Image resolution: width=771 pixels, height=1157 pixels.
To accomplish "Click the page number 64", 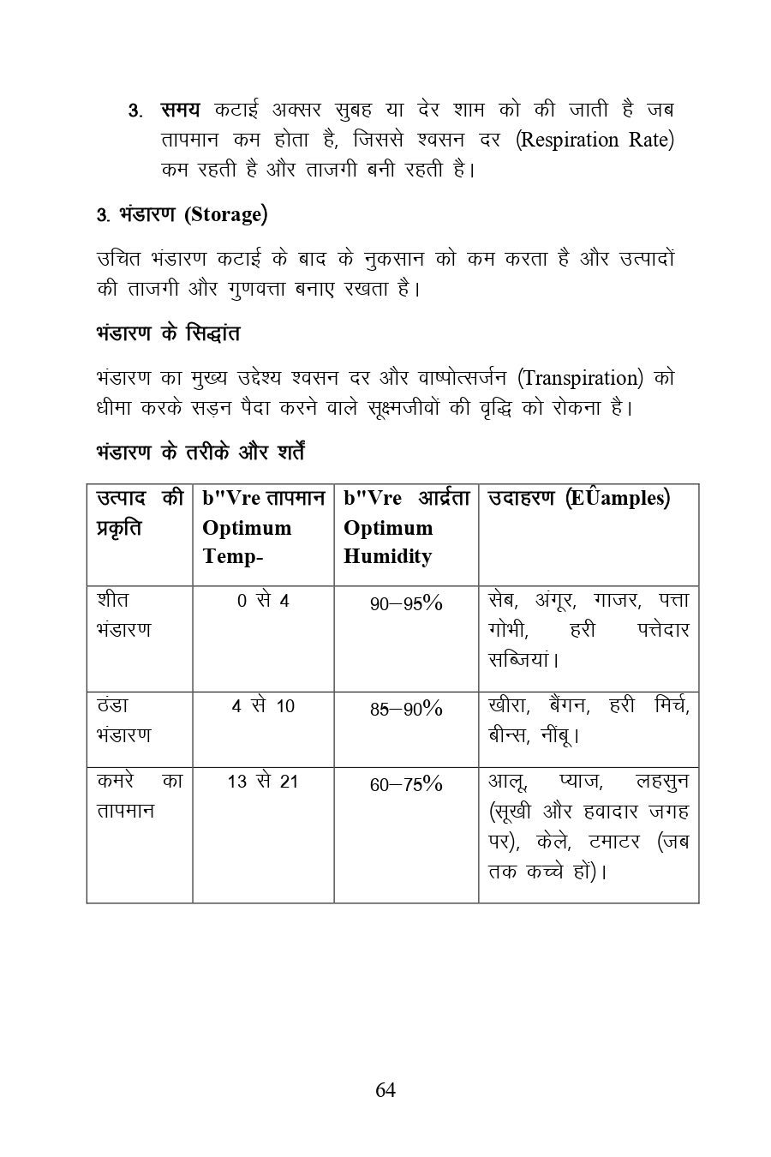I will coord(385,1090).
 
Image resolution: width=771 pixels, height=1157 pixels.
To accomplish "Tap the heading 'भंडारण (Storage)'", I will coord(182,214).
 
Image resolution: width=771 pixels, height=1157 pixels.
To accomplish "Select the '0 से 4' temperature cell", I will coord(263,602).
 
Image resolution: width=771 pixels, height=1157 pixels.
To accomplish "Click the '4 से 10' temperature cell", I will coord(263,706).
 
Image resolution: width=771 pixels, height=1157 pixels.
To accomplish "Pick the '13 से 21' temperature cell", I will coord(263,782).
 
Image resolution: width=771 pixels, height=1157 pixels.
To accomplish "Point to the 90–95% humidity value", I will coord(406,603).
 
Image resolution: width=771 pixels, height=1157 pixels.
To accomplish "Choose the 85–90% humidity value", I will coord(406,709).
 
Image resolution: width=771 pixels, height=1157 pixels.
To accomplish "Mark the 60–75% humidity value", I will coord(406,784).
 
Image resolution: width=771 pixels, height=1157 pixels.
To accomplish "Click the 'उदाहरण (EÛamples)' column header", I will coord(579,499).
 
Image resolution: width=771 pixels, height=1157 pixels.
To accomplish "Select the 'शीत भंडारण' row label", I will coord(124,615).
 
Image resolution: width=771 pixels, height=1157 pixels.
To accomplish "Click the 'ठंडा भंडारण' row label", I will coord(124,721).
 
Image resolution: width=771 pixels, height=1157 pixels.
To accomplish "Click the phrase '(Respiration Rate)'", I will coord(595,139).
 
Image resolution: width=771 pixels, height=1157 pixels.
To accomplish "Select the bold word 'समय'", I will coord(180,110).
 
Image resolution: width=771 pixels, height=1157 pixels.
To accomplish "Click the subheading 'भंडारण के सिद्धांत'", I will coord(168,333).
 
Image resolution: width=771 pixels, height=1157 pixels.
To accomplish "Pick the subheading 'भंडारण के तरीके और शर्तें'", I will coord(200,452).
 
